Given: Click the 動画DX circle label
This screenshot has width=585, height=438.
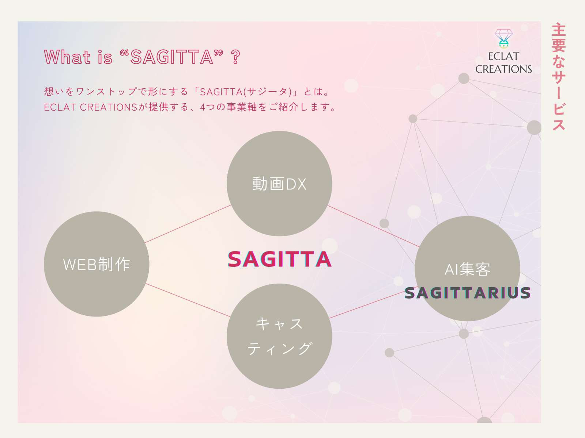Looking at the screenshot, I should [279, 184].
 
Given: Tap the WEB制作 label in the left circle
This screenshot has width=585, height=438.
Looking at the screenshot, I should [97, 264].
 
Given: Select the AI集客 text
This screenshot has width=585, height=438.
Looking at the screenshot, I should [467, 270].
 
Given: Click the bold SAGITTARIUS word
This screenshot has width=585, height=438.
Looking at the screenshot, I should [468, 293].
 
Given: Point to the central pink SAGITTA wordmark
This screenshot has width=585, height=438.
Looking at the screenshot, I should [279, 259].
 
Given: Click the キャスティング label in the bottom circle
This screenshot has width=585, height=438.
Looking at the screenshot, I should [279, 336].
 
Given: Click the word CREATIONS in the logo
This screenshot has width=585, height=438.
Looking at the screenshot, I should [503, 69].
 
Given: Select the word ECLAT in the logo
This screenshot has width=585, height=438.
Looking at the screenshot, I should [503, 56].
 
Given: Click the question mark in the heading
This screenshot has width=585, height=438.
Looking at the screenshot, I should [236, 57].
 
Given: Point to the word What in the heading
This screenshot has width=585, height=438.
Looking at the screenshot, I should [67, 57].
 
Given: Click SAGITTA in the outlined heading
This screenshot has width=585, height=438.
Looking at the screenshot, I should [172, 57].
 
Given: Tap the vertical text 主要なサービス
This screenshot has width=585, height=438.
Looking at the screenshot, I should [558, 77].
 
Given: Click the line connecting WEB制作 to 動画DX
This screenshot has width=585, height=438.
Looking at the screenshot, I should [188, 224].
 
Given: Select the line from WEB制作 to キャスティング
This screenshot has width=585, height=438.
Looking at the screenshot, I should [188, 300].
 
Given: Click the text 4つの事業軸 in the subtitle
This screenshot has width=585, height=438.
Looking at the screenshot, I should [228, 107].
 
